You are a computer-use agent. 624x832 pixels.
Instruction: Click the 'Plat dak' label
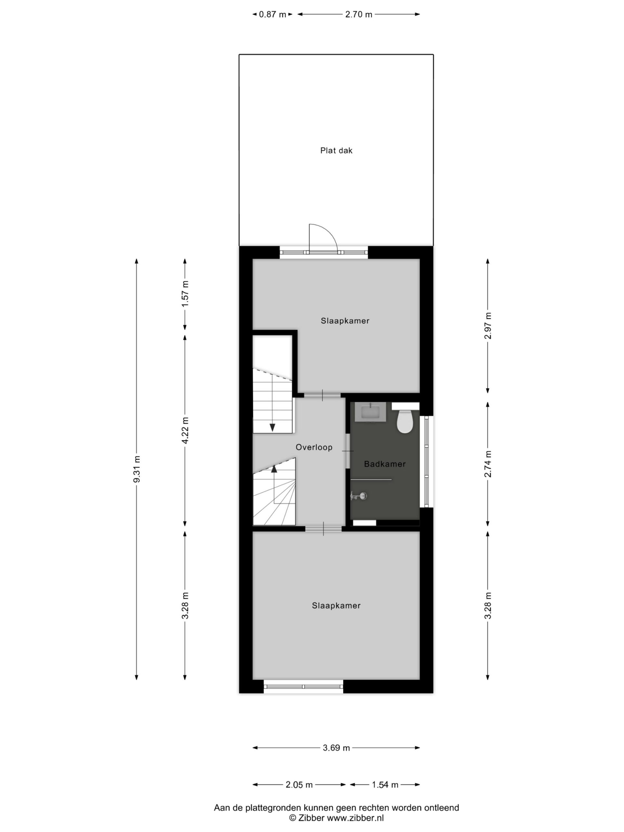point(336,150)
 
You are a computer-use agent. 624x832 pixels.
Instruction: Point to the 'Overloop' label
point(314,447)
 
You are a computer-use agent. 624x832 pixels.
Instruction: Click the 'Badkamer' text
point(385,464)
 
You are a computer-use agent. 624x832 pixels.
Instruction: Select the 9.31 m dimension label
point(137,469)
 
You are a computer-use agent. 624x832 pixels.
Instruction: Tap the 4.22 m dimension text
point(185,430)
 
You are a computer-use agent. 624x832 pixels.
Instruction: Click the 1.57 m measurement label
point(185,294)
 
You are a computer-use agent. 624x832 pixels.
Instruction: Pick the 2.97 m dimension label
point(488,326)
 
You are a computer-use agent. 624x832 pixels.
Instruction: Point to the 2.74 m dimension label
point(488,464)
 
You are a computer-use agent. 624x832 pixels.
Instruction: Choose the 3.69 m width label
point(336,748)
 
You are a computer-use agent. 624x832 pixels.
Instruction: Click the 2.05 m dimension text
point(299,785)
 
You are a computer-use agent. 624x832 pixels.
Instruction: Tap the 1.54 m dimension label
point(385,785)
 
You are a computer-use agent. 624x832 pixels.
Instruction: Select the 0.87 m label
point(272,15)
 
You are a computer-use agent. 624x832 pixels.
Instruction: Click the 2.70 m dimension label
point(358,15)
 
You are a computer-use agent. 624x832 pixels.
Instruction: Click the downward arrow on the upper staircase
point(272,427)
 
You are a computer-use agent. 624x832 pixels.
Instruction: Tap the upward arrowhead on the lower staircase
point(274,469)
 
